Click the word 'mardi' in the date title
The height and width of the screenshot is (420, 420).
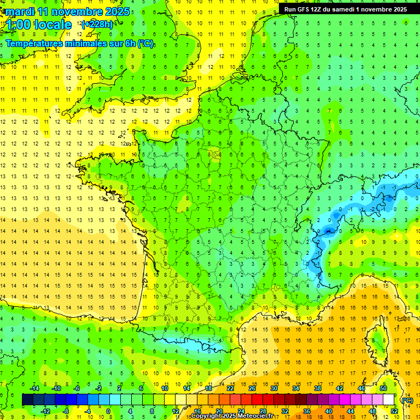(x=21, y=11)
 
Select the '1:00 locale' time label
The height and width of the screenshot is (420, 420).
(x=37, y=25)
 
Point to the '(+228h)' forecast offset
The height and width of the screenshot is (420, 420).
(x=97, y=25)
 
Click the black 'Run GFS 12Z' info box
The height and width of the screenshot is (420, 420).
(x=345, y=9)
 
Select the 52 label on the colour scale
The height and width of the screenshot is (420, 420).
(x=394, y=411)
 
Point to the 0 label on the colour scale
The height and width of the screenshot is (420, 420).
(x=108, y=411)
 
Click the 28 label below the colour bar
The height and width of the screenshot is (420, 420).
(x=263, y=411)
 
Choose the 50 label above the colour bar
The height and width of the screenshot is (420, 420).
(x=383, y=388)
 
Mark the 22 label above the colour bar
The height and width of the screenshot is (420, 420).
(x=230, y=388)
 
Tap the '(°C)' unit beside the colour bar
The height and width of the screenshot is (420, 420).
(x=407, y=400)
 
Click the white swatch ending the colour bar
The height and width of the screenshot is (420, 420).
(x=389, y=400)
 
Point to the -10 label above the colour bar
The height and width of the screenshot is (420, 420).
(x=56, y=388)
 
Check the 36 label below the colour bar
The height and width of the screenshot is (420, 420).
(x=307, y=411)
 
